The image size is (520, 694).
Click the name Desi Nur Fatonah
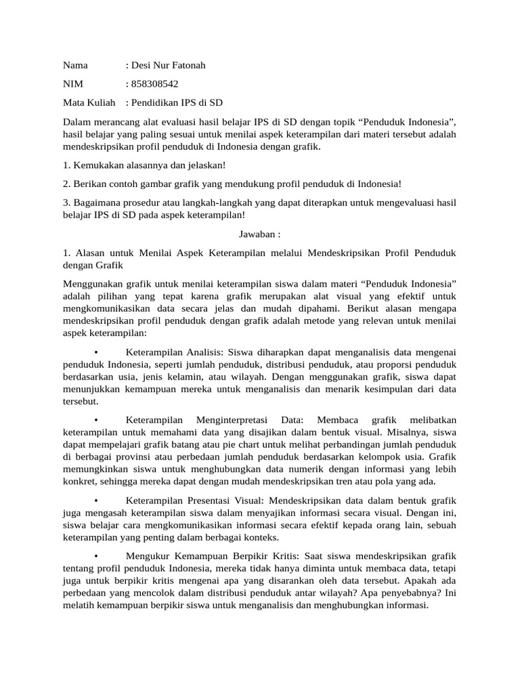(x=168, y=66)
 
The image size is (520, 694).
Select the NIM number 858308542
(x=155, y=84)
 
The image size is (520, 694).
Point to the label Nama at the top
(x=76, y=66)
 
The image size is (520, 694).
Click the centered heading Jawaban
(x=259, y=234)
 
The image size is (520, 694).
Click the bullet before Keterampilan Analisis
(x=97, y=352)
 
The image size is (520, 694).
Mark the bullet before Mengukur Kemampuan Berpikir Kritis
(x=97, y=556)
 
